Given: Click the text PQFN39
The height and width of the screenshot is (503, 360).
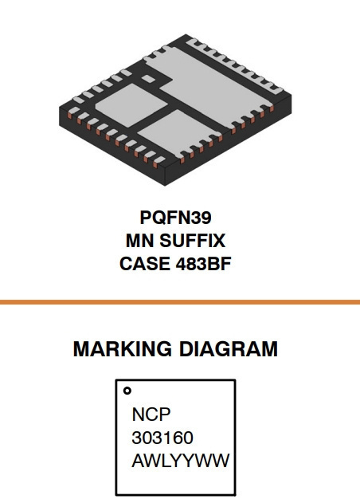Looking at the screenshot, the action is [x=176, y=218].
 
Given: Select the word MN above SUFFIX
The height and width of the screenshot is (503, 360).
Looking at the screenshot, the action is [x=139, y=241].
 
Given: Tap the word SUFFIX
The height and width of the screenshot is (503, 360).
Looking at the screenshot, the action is [x=193, y=241].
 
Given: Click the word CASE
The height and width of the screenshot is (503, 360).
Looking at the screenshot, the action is [x=145, y=264].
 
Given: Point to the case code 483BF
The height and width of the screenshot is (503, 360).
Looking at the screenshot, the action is [x=203, y=264].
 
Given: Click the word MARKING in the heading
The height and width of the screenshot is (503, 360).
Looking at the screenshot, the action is [x=122, y=349].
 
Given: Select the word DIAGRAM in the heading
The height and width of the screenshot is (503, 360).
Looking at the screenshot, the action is [x=229, y=349].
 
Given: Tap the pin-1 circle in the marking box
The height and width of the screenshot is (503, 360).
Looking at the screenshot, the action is [x=127, y=391].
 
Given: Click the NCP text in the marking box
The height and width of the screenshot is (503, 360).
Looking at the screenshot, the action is [x=151, y=415].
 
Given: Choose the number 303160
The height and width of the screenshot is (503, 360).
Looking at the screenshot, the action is [x=162, y=438].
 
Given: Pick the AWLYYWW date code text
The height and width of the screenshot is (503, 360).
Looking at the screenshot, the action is [x=181, y=461].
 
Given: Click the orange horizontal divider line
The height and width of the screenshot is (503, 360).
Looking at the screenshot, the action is [x=180, y=302].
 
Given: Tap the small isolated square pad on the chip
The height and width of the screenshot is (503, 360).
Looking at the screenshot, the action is [x=148, y=79].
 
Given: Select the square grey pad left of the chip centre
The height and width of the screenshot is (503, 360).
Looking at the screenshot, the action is [x=131, y=105].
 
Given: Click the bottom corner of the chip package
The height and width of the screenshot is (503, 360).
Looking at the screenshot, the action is [x=165, y=186].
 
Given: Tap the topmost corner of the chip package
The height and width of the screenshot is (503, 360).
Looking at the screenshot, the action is [x=186, y=34].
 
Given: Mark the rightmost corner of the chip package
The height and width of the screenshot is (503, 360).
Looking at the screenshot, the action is [x=292, y=95].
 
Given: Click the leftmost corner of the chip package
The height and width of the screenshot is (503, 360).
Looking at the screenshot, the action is [x=60, y=108].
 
